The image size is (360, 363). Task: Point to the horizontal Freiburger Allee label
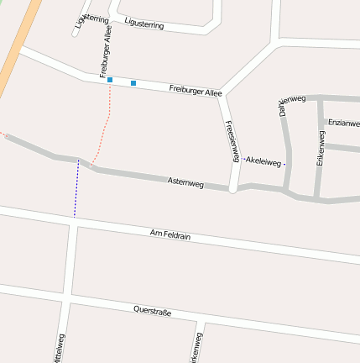[195, 89]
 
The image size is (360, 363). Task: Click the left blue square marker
[110, 80]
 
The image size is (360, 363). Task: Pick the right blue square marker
[133, 82]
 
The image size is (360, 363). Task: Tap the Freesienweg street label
[232, 141]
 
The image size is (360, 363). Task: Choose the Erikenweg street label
[320, 147]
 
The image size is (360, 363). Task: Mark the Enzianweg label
[343, 124]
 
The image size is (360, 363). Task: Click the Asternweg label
[185, 181]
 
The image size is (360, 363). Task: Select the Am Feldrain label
[170, 235]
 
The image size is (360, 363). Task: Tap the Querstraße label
[152, 311]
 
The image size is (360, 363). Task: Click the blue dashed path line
[76, 189]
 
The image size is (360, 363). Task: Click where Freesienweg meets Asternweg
[233, 188]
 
